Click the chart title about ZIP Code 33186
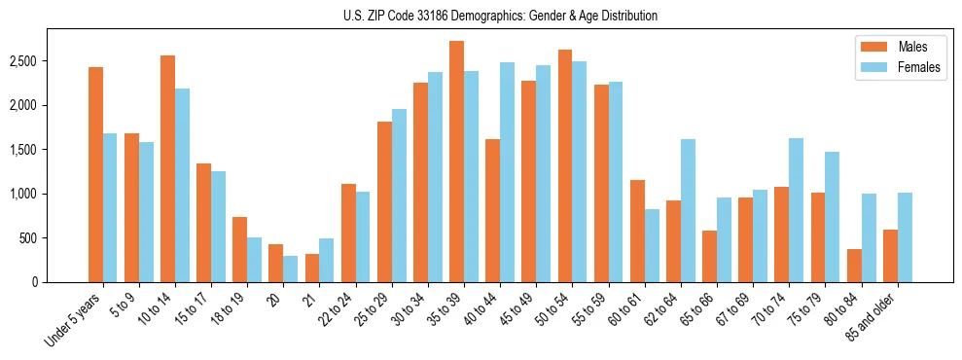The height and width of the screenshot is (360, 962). (x=500, y=16)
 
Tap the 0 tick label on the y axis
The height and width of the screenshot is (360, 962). (x=34, y=282)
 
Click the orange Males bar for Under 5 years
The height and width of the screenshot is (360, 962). (x=95, y=175)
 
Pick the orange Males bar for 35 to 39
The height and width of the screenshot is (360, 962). (x=456, y=162)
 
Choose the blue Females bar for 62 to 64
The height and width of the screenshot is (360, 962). (x=688, y=210)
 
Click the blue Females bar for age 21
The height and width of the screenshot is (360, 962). (x=327, y=260)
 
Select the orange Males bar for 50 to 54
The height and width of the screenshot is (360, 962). (x=564, y=165)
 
